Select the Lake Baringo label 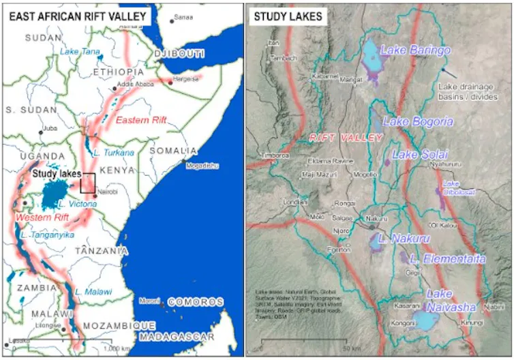click(415, 50)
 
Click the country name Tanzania click(102, 250)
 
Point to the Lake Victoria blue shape click(50, 196)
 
